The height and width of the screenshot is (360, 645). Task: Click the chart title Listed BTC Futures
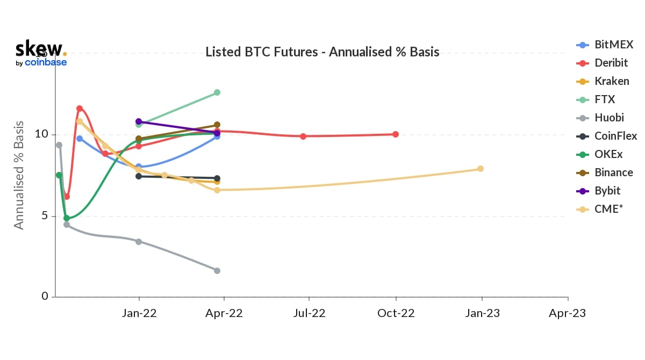322,52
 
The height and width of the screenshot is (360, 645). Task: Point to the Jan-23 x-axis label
482,313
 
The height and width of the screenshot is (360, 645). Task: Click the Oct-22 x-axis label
396,313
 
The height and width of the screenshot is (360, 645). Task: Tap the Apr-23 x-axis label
568,313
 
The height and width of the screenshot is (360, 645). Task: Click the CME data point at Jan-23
481,169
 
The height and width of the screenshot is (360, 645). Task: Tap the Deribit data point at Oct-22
396,134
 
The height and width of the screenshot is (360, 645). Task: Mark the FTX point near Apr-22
217,92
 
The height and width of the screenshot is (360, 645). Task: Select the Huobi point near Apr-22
217,271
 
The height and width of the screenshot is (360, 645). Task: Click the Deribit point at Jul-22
303,136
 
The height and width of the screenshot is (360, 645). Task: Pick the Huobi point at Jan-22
139,242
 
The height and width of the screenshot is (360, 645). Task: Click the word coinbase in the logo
46,62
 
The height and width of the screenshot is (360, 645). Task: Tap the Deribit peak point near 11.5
80,109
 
